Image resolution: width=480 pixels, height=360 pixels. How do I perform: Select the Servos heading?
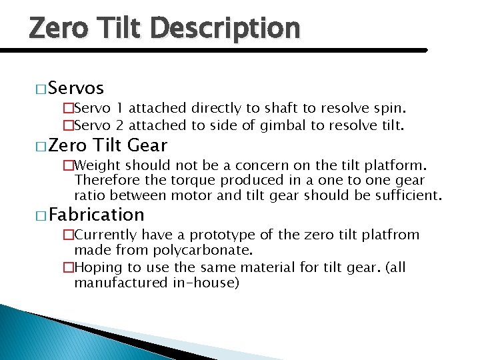[75, 88]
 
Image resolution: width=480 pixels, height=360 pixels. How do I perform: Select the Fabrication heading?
[96, 215]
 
